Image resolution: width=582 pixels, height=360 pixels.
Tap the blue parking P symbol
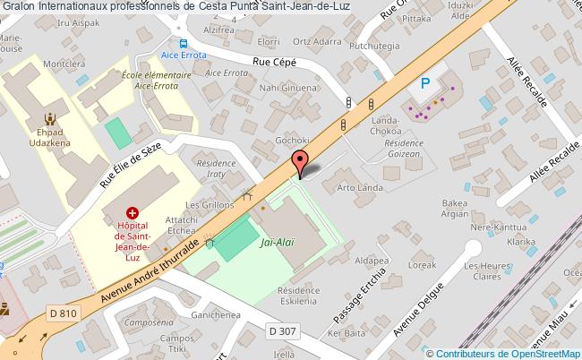[x=426, y=83]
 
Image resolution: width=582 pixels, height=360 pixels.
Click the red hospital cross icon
[x=133, y=213]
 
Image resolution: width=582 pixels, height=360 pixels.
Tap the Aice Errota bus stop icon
[x=183, y=43]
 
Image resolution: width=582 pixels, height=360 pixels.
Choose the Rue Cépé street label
[x=274, y=61]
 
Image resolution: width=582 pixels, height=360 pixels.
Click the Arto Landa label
[x=360, y=188]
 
